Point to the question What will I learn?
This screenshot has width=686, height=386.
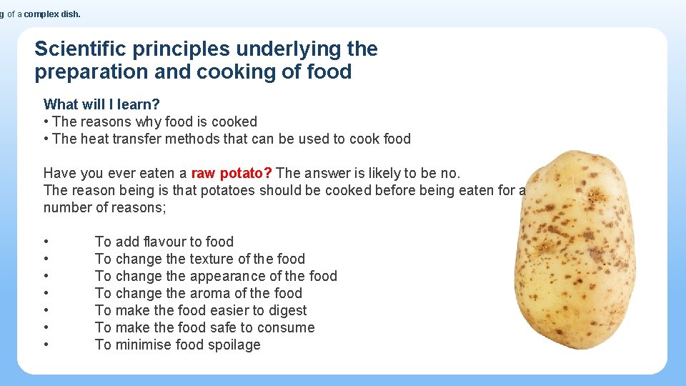click(x=101, y=104)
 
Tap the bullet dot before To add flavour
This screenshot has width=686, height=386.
click(x=46, y=242)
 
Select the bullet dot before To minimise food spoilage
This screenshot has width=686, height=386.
click(x=46, y=345)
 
